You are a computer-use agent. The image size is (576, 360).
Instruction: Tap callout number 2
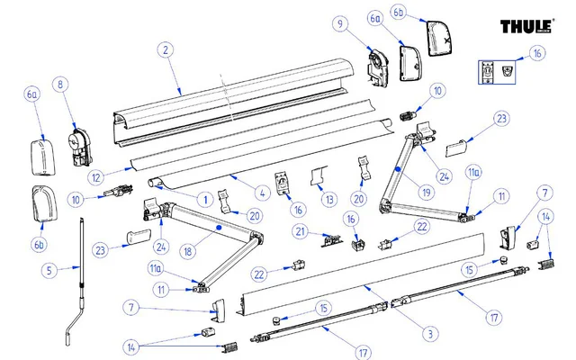tap(166, 50)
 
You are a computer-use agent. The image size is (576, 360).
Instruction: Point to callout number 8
tap(61, 85)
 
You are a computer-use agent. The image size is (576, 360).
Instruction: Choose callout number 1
tap(206, 197)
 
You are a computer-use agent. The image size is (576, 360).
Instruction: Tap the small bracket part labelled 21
tap(328, 238)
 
